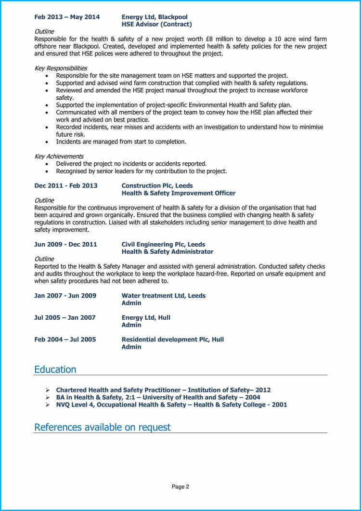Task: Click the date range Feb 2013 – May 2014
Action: (x=67, y=17)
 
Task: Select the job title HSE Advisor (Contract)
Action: (x=156, y=24)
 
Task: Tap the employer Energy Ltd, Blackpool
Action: (x=155, y=17)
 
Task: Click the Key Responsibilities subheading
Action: (x=61, y=68)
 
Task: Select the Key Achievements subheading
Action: (x=59, y=157)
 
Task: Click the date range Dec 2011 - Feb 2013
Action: (x=65, y=185)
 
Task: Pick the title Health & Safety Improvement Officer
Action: (x=179, y=193)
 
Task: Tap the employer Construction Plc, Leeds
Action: (x=156, y=185)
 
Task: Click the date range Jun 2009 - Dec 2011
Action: (x=65, y=244)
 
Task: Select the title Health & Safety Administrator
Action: (x=167, y=252)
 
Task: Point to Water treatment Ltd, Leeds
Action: (x=163, y=296)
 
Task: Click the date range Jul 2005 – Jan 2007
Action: (x=65, y=317)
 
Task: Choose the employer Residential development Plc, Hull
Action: (x=172, y=340)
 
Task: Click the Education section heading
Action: (x=55, y=369)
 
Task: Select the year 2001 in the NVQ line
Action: (x=279, y=405)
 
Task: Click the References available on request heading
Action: (x=102, y=427)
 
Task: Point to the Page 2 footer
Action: (x=180, y=487)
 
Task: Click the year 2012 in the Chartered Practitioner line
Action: (x=263, y=390)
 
